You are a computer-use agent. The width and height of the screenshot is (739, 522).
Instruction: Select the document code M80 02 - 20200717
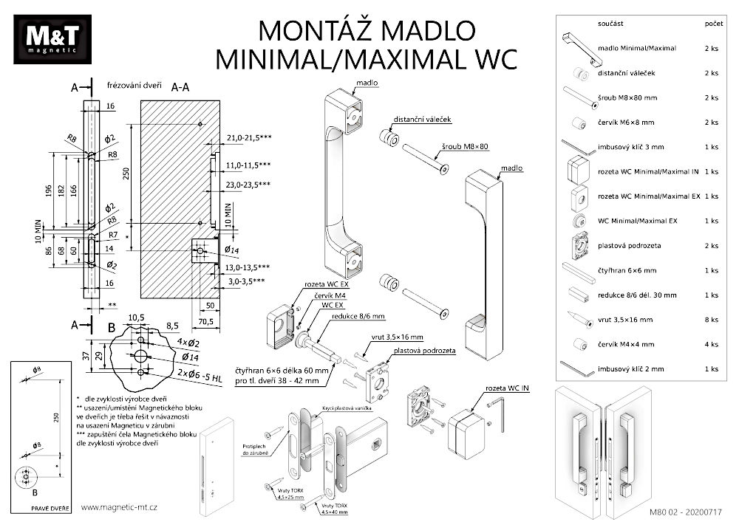[x=686, y=511]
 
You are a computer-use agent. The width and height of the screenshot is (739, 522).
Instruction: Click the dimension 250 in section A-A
[x=126, y=173]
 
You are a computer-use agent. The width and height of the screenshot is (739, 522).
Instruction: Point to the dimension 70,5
[x=204, y=321]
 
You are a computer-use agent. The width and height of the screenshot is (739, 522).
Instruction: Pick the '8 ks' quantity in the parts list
[x=712, y=320]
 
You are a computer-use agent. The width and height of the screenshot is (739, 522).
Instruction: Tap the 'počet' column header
[x=714, y=24]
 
